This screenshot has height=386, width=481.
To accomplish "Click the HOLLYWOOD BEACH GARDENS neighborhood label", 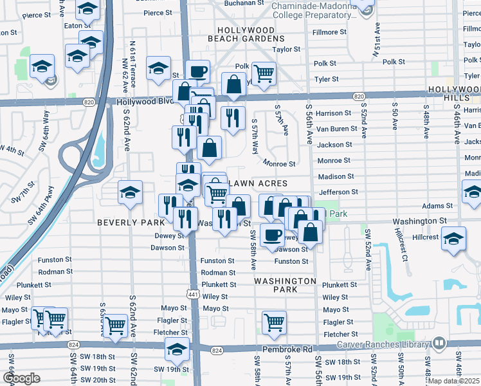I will (x=246, y=35).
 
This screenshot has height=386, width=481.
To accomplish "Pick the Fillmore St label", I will (x=329, y=32).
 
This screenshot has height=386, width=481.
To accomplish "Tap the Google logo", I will (x=21, y=378).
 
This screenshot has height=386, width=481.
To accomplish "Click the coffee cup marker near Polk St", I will (x=197, y=71).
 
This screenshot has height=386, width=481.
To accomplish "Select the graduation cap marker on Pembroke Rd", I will (x=177, y=349).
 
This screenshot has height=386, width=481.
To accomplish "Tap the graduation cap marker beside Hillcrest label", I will (x=453, y=239).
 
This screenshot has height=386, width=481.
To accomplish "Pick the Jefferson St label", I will (x=338, y=192).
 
